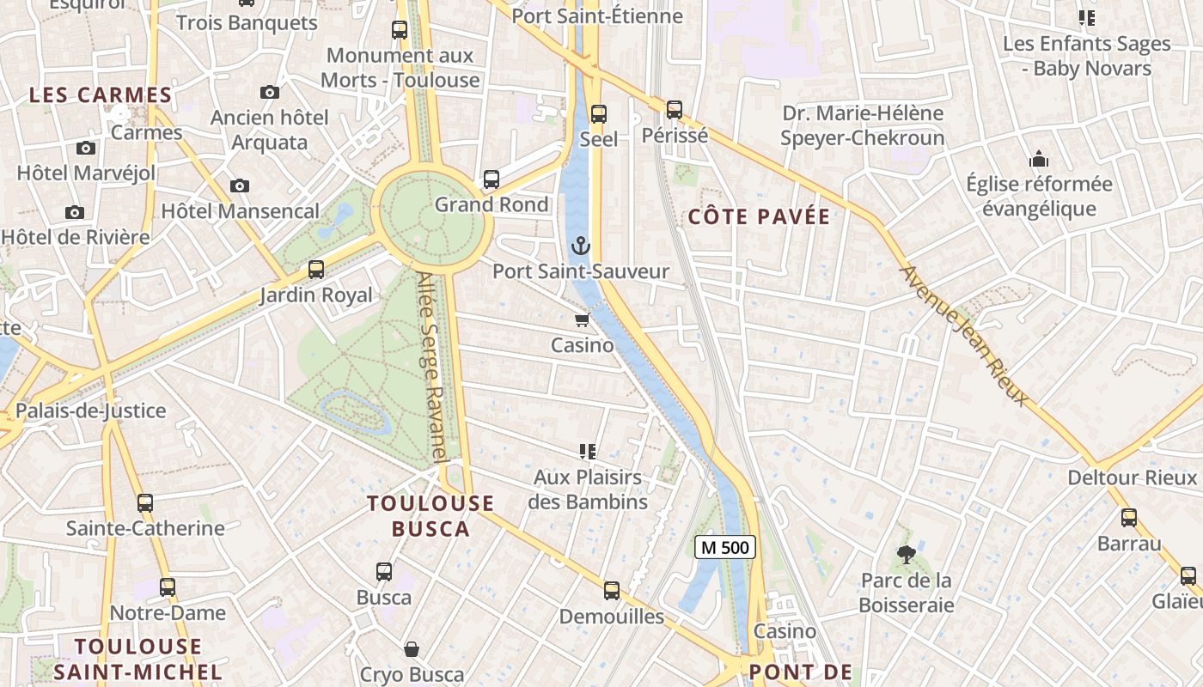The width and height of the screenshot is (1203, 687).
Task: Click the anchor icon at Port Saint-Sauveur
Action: point(582,247)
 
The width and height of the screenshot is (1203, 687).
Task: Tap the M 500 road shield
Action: point(724,547)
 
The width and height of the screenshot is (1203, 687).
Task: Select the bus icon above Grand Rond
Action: point(492,179)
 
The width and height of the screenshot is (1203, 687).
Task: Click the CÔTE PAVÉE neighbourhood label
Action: point(760,216)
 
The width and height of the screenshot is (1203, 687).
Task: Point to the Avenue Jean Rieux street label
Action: point(963,335)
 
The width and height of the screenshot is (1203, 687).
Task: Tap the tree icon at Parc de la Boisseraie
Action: point(906,555)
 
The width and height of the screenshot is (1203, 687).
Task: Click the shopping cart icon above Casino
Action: point(582,320)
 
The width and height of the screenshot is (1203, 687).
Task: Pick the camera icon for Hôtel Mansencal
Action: point(240,185)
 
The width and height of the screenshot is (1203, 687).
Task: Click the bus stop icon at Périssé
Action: point(675,110)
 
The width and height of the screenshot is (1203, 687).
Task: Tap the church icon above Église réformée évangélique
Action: point(1039,160)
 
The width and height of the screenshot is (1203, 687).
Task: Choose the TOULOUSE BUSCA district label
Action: point(431,516)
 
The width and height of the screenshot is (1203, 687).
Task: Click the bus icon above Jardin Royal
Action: point(316,270)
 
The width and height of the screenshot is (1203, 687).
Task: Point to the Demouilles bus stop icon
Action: point(612,591)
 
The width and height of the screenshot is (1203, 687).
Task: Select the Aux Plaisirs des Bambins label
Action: point(588,489)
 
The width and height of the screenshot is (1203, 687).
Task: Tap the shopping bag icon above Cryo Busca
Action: point(412,649)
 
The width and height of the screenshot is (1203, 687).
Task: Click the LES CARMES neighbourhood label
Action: point(101,95)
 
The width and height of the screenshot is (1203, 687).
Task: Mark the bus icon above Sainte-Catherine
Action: point(145,503)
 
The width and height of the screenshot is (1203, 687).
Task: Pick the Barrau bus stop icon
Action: point(1129,518)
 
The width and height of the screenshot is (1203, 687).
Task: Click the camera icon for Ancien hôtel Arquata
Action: point(270,92)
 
